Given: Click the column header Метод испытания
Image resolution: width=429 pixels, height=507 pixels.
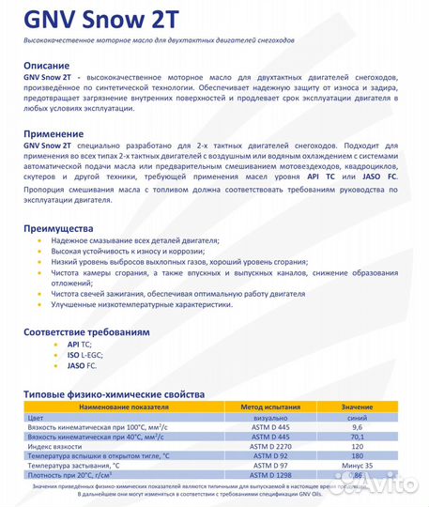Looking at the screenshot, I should [x=270, y=408].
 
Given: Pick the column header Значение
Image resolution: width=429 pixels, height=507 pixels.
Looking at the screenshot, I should [x=357, y=408].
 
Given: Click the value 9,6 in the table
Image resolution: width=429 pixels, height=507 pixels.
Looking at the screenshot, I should [x=357, y=426].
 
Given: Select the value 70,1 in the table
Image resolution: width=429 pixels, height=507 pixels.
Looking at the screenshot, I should [x=357, y=435].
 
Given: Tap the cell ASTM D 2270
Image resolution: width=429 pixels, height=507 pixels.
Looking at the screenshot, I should [x=270, y=444].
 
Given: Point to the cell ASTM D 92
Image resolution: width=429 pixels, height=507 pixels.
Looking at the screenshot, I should [x=270, y=453].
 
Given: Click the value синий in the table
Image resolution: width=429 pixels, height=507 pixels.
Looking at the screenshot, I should [x=357, y=417].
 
